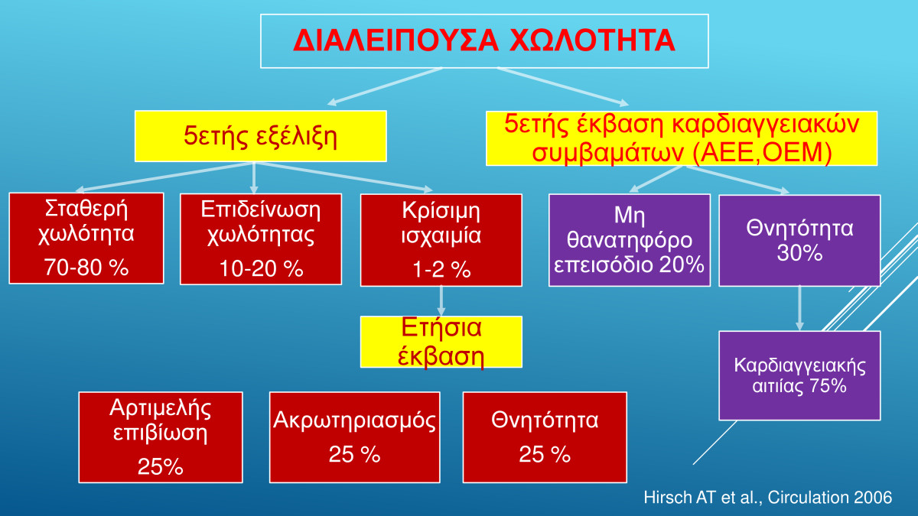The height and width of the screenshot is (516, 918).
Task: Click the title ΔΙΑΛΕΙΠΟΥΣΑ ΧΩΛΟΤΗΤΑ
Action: pos(484,41)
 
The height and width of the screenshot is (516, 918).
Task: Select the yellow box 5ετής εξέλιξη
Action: pos(261,136)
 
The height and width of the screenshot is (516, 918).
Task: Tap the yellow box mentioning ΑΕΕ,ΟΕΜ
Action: pos(682,138)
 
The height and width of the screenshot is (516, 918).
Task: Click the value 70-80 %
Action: pos(86,267)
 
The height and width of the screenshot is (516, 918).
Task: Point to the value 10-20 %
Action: pos(261,268)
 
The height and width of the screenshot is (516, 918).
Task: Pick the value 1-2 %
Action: pos(441,269)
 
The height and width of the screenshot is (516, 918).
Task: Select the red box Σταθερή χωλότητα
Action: pos(86,238)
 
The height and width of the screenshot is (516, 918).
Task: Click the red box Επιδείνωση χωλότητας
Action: pos(261,239)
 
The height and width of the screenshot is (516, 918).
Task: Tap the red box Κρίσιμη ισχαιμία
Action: pos(441,240)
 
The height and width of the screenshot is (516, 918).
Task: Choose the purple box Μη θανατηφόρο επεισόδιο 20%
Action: pos(630,240)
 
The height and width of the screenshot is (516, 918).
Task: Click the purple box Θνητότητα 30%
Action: pos(799,240)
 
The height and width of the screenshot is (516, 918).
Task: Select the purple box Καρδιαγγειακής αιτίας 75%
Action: pos(799,375)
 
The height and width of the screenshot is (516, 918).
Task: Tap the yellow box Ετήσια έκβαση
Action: pos(441,342)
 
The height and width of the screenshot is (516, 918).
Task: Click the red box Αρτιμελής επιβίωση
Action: pos(161,437)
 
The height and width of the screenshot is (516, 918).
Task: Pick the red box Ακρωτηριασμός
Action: pos(354,437)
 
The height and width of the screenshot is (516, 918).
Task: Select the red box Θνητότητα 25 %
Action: pos(545,437)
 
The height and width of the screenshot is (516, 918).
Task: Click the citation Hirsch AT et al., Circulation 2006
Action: pos(767,497)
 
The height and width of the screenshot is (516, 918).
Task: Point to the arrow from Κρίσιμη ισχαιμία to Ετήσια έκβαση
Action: pos(441,300)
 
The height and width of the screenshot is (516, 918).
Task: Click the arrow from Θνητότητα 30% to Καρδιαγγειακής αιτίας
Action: pos(799,308)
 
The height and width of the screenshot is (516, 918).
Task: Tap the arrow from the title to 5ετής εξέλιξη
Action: pos(385,86)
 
